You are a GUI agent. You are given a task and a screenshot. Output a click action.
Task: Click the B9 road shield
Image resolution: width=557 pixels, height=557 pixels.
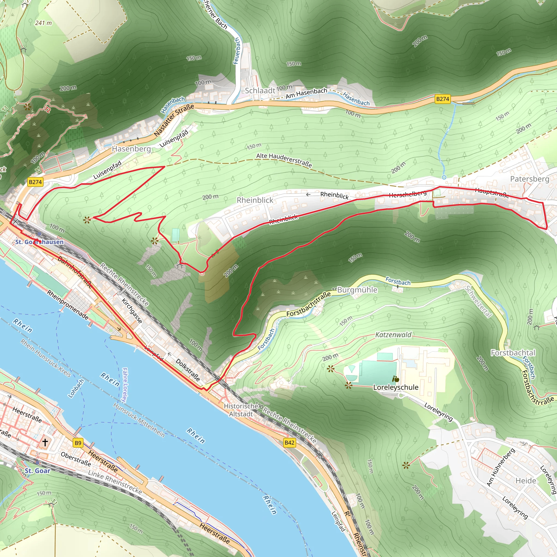click(78, 443)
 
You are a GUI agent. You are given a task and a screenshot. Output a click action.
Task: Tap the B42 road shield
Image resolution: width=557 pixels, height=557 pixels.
click(289, 442)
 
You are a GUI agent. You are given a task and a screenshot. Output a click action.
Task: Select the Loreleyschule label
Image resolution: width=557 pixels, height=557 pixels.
click(395, 387)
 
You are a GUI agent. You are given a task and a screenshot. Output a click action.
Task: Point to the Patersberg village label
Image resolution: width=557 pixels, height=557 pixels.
click(530, 179)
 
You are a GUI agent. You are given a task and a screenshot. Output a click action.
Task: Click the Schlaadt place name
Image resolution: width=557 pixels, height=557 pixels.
click(260, 91)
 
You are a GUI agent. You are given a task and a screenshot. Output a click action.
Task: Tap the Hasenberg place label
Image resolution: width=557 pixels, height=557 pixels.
click(131, 149)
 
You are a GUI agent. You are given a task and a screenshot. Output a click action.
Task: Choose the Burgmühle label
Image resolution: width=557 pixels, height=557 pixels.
click(357, 290)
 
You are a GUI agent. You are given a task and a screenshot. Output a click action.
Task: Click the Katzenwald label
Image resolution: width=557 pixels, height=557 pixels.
click(393, 335)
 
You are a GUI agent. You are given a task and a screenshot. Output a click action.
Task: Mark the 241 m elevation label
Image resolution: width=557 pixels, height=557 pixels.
click(44, 23)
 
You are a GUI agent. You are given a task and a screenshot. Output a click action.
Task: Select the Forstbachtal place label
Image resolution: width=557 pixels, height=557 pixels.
click(513, 352)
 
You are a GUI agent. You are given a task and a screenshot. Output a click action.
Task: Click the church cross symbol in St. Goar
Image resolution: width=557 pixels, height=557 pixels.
click(45, 442)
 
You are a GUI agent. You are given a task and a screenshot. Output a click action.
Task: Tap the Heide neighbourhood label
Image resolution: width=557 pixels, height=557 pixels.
click(526, 481)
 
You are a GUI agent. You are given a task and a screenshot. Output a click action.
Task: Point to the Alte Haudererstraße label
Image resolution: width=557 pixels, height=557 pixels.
click(284, 160)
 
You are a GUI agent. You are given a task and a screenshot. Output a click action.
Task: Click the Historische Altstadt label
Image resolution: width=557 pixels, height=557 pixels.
click(241, 410)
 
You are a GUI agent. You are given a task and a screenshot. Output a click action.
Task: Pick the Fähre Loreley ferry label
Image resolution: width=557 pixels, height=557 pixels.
click(125, 385)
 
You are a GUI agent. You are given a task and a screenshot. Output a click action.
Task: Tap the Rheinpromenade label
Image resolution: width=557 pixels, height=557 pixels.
click(68, 305)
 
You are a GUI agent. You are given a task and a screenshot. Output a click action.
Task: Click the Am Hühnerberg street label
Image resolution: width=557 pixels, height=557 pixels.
click(500, 467)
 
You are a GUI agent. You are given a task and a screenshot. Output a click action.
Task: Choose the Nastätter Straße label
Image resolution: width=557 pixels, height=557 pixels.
click(174, 120)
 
